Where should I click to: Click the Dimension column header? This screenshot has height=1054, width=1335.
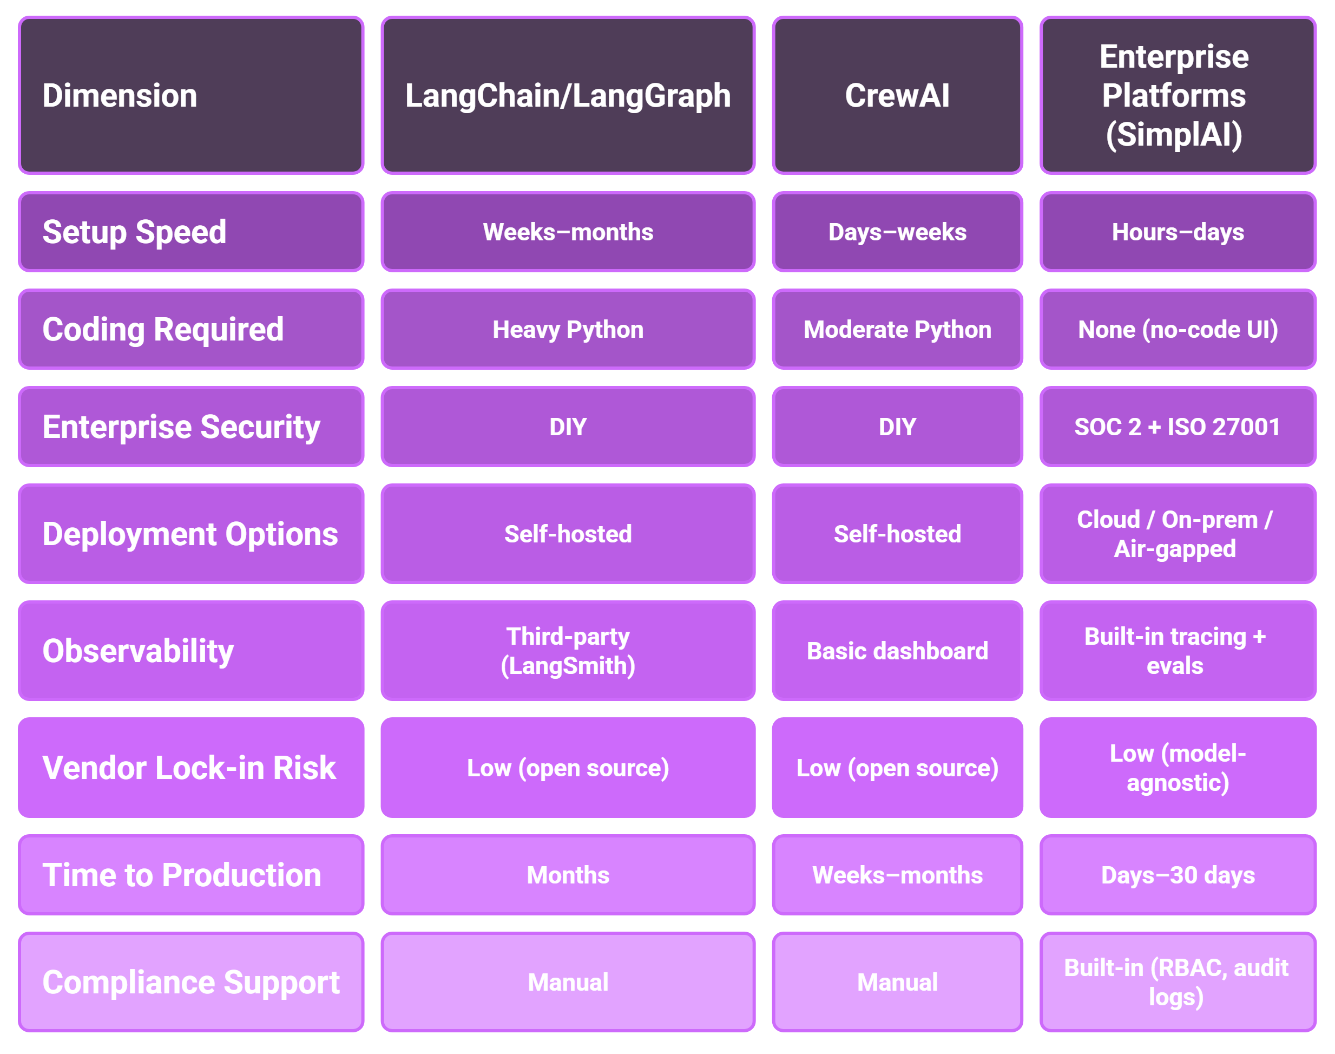click(191, 96)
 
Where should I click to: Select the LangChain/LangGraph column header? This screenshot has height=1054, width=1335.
click(568, 96)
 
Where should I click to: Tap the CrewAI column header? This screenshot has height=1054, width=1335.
click(897, 96)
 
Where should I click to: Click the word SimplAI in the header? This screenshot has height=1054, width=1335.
click(1174, 135)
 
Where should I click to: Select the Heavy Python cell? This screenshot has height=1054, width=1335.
click(568, 330)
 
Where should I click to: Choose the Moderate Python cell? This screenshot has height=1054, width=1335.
click(897, 330)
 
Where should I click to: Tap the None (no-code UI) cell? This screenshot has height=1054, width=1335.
click(1178, 330)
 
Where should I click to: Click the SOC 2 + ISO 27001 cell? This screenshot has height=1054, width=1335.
click(1178, 427)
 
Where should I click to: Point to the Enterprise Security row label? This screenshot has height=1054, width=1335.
click(191, 427)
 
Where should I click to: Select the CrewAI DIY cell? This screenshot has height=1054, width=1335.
click(897, 427)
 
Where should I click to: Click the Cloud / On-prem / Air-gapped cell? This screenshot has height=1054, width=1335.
click(1178, 534)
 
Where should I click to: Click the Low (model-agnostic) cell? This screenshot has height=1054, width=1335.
click(1178, 768)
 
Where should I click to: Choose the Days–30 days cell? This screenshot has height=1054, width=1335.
click(1178, 875)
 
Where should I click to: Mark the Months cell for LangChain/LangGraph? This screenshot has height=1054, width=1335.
click(568, 875)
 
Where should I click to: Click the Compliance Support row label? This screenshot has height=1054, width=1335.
click(191, 982)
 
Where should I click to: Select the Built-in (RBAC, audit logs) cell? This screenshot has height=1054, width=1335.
click(1178, 982)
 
